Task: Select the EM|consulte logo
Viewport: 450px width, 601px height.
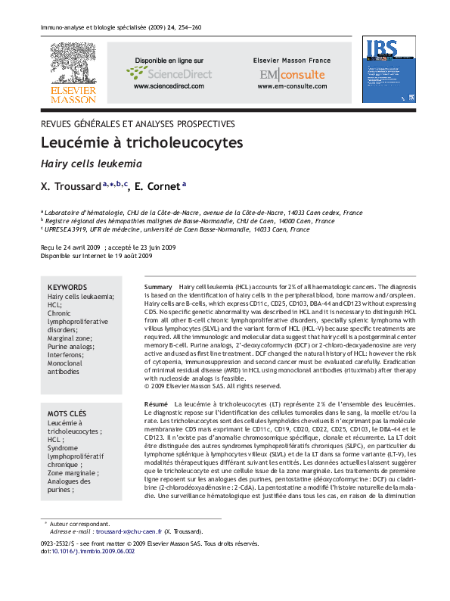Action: pyautogui.click(x=291, y=74)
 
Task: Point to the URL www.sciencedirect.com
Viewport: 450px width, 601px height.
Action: pyautogui.click(x=169, y=87)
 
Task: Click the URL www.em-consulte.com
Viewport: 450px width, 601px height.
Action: pyautogui.click(x=291, y=87)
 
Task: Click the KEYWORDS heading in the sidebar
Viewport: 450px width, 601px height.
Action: pyautogui.click(x=67, y=288)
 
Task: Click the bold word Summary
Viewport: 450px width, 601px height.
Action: pyautogui.click(x=158, y=288)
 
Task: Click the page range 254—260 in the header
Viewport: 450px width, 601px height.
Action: pyautogui.click(x=188, y=27)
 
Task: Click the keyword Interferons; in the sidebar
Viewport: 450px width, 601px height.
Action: pyautogui.click(x=67, y=355)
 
